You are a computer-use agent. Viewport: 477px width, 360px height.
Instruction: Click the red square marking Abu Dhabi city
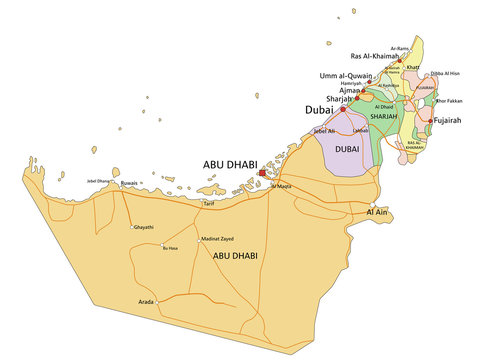point(262,173)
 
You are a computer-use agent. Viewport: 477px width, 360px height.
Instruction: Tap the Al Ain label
point(377,212)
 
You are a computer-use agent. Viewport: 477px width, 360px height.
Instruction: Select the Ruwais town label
point(129,183)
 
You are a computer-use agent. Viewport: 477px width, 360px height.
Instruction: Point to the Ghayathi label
point(144,228)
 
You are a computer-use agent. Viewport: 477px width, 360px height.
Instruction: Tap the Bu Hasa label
point(170,248)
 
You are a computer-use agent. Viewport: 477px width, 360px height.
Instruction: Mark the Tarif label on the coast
point(209,203)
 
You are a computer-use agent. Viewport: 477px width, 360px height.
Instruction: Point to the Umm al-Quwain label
point(346,76)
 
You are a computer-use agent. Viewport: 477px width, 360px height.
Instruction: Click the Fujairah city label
point(447,121)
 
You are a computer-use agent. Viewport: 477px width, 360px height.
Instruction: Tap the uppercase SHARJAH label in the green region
point(385,116)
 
